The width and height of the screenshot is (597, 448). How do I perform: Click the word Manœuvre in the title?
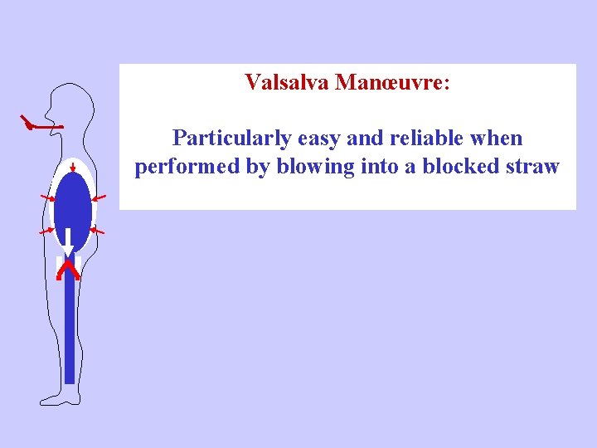pyautogui.click(x=390, y=83)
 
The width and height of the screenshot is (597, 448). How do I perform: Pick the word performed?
pyautogui.click(x=187, y=167)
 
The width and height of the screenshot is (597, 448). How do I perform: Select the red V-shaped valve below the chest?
pyautogui.click(x=68, y=267)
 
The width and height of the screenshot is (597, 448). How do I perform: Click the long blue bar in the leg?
pyautogui.click(x=70, y=332)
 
